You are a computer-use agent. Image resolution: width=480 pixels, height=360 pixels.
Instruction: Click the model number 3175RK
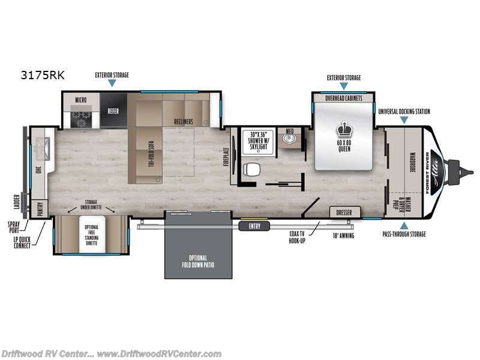click(43, 76)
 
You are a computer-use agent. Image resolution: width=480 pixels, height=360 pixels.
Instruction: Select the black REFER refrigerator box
click(113, 111)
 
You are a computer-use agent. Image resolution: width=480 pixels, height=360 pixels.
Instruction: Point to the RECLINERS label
click(184, 122)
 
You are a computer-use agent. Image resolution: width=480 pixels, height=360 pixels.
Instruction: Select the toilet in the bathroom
click(252, 170)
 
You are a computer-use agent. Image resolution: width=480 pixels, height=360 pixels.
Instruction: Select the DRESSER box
click(344, 212)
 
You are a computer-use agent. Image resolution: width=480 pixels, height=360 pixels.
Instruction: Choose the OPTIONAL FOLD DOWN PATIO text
click(198, 261)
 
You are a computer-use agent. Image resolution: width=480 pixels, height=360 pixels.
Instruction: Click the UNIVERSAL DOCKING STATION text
click(404, 112)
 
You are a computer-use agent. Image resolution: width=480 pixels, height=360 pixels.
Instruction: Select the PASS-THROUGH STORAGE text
click(403, 234)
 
